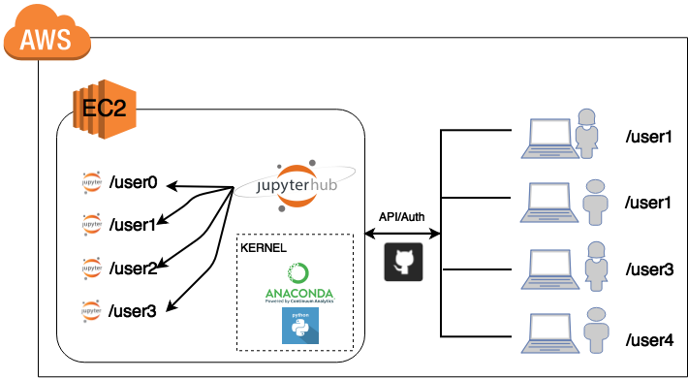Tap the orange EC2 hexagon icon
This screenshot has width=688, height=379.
tap(104, 109)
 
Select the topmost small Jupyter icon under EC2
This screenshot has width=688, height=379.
tap(92, 182)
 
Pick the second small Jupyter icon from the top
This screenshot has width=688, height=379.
tap(92, 224)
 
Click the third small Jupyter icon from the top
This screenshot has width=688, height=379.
tap(92, 268)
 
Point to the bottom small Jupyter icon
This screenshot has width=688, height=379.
tap(92, 311)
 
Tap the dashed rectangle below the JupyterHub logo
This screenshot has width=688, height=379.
tap(295, 236)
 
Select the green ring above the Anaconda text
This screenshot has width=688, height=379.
tap(298, 273)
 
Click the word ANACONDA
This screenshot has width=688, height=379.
tap(299, 293)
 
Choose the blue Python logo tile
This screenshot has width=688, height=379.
tap(299, 326)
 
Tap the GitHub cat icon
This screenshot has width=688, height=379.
tap(403, 262)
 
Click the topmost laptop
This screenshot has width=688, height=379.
tap(548, 138)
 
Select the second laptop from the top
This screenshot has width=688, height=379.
tap(548, 203)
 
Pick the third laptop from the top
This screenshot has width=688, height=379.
tap(548, 268)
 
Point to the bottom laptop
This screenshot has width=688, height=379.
tap(548, 332)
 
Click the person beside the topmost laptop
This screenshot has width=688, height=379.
tap(586, 133)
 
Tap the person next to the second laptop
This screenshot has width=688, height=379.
tap(595, 201)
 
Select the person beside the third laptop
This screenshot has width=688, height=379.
tap(595, 265)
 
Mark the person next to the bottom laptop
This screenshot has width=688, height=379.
tap(596, 331)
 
